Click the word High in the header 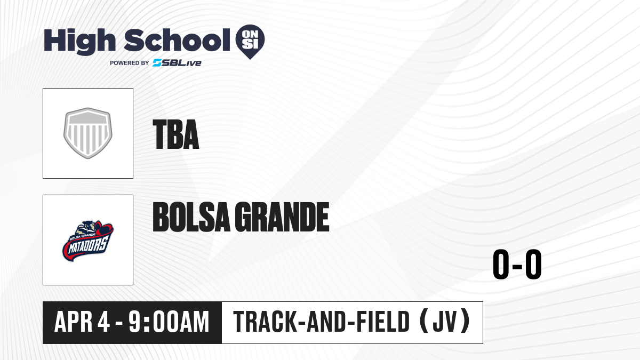pos(80,42)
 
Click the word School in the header pos(177,40)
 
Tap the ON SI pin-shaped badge pos(250,42)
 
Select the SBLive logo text pos(177,63)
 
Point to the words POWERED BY pos(130,63)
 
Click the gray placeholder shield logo pos(88,133)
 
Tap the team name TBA pos(176,134)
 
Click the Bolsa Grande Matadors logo pos(88,241)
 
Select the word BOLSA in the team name pos(191,217)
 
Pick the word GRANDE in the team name pos(282,217)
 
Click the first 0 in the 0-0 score pos(501,264)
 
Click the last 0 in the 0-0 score pos(533,264)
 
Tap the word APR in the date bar pos(74,322)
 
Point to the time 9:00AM pos(169,322)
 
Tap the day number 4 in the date pos(103,322)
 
